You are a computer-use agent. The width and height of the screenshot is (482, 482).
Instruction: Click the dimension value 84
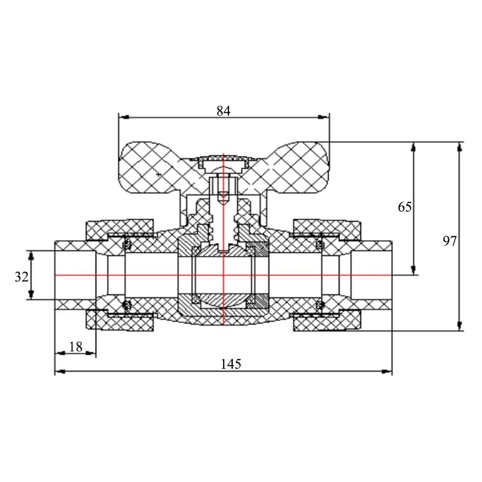[x=224, y=111]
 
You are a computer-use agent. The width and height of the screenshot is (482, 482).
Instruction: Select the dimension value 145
[x=231, y=364]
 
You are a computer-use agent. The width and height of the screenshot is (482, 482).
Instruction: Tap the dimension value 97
[x=450, y=241]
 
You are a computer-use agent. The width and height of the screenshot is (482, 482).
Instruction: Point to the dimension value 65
[x=404, y=207]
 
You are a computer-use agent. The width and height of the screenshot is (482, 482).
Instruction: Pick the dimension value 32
[x=22, y=277]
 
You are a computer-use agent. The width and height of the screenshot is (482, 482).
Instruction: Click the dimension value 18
[x=76, y=347]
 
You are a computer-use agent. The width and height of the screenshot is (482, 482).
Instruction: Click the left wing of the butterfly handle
[x=150, y=168]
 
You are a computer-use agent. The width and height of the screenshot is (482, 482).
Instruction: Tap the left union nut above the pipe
[x=120, y=229]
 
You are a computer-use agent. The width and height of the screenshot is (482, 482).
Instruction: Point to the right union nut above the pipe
[x=327, y=229]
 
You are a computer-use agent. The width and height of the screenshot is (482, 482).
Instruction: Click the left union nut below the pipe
[x=120, y=321]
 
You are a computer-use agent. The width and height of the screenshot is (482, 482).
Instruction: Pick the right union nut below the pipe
[x=327, y=321]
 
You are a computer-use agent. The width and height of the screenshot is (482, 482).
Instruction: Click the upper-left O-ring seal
[x=126, y=245]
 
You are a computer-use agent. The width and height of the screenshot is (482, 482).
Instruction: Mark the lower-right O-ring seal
[x=320, y=305]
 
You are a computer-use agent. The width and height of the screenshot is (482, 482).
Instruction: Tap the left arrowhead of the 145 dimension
[x=60, y=372]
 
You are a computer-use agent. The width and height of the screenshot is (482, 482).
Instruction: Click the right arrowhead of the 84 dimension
[x=324, y=117]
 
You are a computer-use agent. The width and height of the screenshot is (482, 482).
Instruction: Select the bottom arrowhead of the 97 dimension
[x=459, y=326]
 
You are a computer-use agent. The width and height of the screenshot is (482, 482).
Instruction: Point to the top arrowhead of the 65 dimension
[x=414, y=147]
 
